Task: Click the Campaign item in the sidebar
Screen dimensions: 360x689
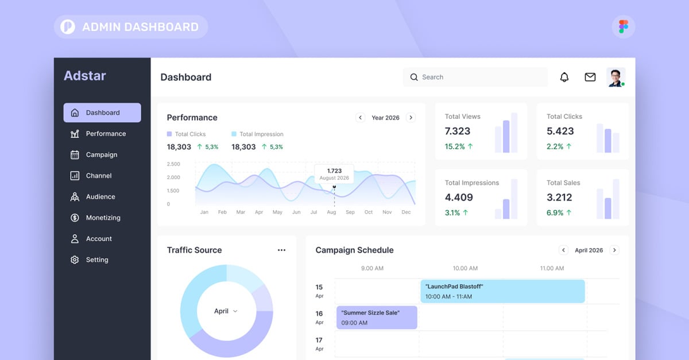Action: pyautogui.click(x=101, y=154)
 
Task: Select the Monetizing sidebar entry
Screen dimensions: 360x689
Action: pyautogui.click(x=103, y=218)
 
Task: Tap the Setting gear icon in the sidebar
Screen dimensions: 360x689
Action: pyautogui.click(x=75, y=260)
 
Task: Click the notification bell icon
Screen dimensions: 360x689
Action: pyautogui.click(x=564, y=77)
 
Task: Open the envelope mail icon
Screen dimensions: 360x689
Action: pyautogui.click(x=590, y=77)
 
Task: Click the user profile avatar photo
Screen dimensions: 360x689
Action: pyautogui.click(x=616, y=77)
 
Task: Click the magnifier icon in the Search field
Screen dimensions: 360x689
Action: pyautogui.click(x=414, y=77)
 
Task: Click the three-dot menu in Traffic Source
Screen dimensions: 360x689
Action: pyautogui.click(x=281, y=250)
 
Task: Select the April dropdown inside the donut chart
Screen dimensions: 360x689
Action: pyautogui.click(x=226, y=311)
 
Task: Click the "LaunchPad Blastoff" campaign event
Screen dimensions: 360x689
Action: pyautogui.click(x=502, y=291)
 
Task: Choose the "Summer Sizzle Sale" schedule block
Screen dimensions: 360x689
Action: pyautogui.click(x=377, y=318)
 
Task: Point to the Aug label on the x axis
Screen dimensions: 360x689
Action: pyautogui.click(x=331, y=212)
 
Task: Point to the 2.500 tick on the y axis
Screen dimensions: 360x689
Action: pyautogui.click(x=173, y=164)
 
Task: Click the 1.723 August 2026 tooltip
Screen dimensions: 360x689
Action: pyautogui.click(x=334, y=174)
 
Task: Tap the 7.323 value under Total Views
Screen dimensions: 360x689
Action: pyautogui.click(x=458, y=131)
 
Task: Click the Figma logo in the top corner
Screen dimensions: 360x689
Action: pyautogui.click(x=624, y=26)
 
